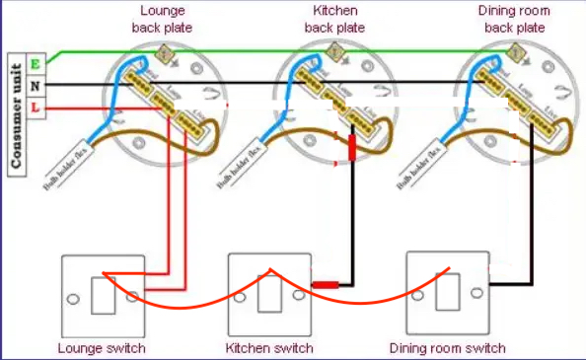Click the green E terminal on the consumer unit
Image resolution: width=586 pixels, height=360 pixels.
pyautogui.click(x=36, y=64)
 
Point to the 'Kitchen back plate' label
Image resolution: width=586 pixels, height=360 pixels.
pyautogui.click(x=334, y=20)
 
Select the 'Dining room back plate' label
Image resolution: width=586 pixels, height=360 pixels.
pyautogui.click(x=514, y=20)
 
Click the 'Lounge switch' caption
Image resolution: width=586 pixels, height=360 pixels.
pyautogui.click(x=102, y=348)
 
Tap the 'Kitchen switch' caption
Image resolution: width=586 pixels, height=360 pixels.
pyautogui.click(x=269, y=348)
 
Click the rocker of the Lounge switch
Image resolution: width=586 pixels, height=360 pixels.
pyautogui.click(x=102, y=293)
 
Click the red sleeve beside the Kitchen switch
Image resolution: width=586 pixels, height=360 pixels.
pyautogui.click(x=325, y=285)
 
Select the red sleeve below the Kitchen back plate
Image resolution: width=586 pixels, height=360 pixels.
pyautogui.click(x=352, y=149)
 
